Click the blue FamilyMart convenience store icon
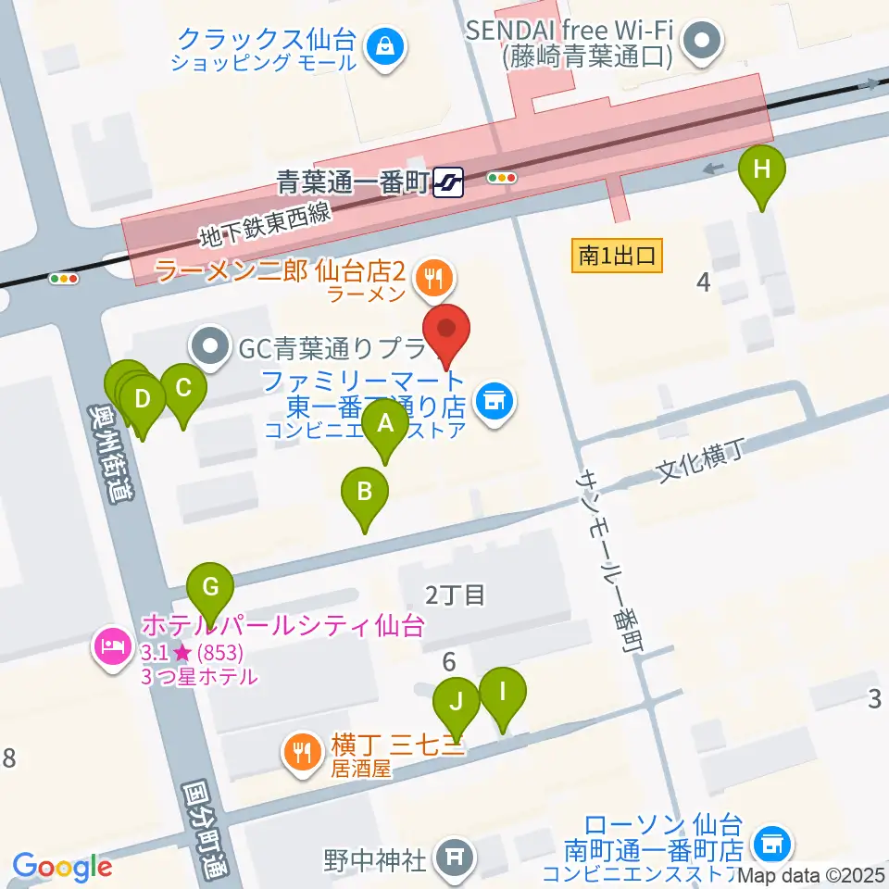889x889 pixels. (495, 401)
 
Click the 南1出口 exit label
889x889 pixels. (618, 254)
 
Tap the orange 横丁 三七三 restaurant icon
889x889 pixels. (301, 749)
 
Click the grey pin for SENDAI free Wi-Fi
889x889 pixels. (701, 41)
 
